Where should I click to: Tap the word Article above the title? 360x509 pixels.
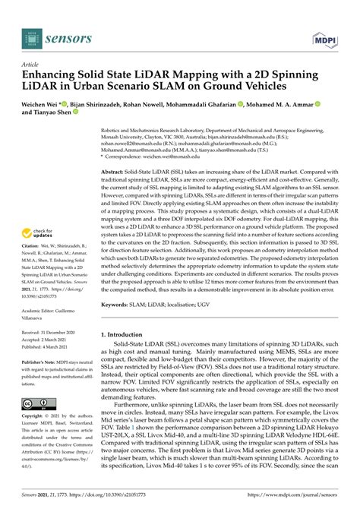(x=31, y=65)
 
